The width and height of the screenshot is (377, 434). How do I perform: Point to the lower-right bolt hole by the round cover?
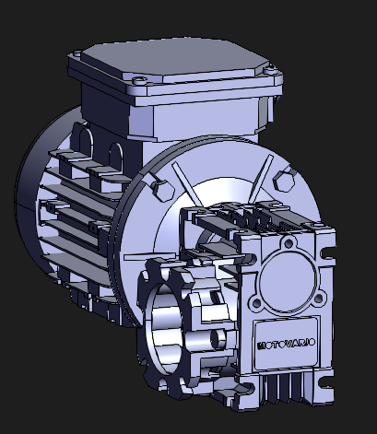[319, 297]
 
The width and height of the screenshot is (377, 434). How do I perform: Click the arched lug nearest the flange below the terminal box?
[116, 150]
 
